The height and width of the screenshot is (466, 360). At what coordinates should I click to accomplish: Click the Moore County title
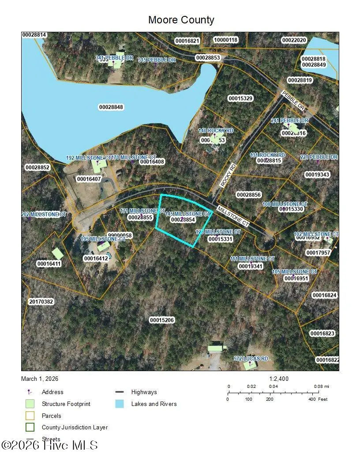click(x=181, y=20)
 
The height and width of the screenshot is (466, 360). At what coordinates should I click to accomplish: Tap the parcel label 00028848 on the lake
click(x=111, y=107)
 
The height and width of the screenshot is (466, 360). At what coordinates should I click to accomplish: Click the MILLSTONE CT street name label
click(x=233, y=216)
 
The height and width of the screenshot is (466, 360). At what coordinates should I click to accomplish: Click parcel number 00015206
click(x=162, y=320)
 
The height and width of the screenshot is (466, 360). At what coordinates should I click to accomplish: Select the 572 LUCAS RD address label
click(x=251, y=359)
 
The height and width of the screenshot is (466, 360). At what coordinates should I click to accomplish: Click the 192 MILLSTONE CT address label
click(x=88, y=158)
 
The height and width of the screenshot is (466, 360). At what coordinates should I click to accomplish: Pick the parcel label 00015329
click(x=240, y=98)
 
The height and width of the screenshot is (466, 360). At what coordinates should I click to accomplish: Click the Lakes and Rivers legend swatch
click(x=119, y=404)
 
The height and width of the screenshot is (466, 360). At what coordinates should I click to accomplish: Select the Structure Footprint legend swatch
click(x=30, y=404)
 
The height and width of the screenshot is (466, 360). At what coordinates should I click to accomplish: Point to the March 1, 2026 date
click(x=40, y=379)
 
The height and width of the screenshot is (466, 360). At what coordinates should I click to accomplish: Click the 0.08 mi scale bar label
click(x=322, y=386)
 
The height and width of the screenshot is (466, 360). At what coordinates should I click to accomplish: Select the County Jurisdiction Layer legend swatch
click(x=30, y=427)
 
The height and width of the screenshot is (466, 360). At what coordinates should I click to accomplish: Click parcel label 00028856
click(x=249, y=195)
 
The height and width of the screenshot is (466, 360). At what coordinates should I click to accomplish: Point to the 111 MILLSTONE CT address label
click(x=252, y=259)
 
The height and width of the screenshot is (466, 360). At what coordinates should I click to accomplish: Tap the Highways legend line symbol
click(x=119, y=392)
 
